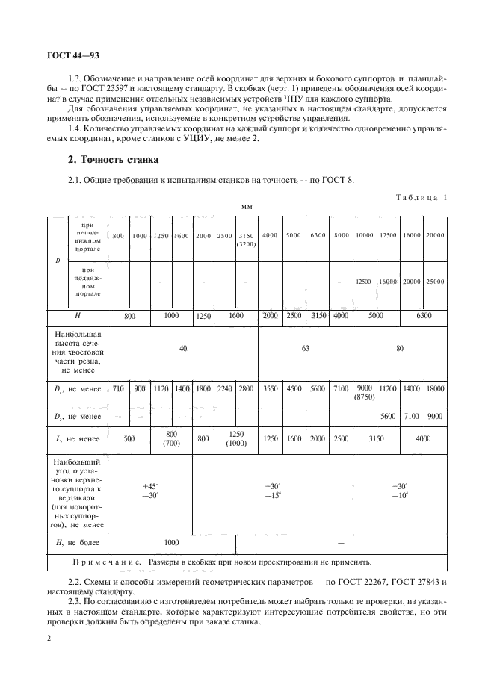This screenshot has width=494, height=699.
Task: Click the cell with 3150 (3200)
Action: (246, 240)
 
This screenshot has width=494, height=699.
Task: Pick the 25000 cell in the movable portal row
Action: (434, 282)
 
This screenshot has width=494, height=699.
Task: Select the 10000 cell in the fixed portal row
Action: (364, 235)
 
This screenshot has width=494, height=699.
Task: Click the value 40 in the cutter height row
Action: (182, 348)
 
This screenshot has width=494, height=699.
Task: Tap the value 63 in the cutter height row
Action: (305, 348)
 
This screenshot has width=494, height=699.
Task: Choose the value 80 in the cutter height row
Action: (399, 348)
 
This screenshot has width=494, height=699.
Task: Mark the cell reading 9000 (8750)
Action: (364, 392)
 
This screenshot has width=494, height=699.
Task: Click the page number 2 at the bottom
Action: (49, 639)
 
